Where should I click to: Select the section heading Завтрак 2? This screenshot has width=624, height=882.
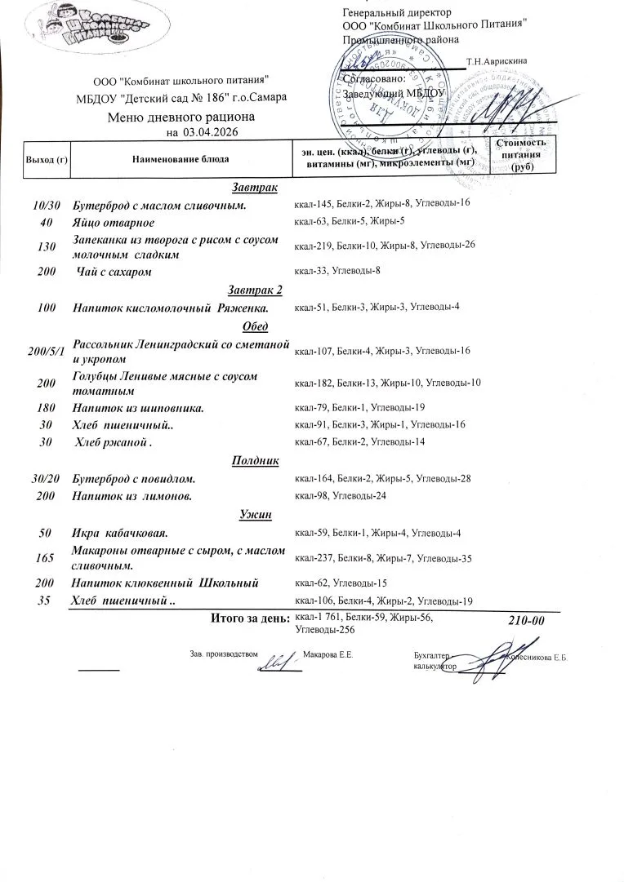point(255,290)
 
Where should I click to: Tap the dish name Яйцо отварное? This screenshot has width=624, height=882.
point(113,222)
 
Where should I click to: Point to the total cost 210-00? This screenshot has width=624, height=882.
point(526,622)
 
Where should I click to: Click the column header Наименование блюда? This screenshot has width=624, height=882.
point(181,159)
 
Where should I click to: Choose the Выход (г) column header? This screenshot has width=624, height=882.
point(47,159)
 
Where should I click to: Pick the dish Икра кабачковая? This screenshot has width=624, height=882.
point(120,533)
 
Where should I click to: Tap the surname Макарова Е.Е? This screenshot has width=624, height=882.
point(328,655)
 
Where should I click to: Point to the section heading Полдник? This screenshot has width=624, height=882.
point(255,461)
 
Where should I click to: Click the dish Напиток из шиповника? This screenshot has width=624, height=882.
point(137,407)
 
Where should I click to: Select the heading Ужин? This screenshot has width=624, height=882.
point(256,515)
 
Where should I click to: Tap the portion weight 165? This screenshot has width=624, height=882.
point(46,558)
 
